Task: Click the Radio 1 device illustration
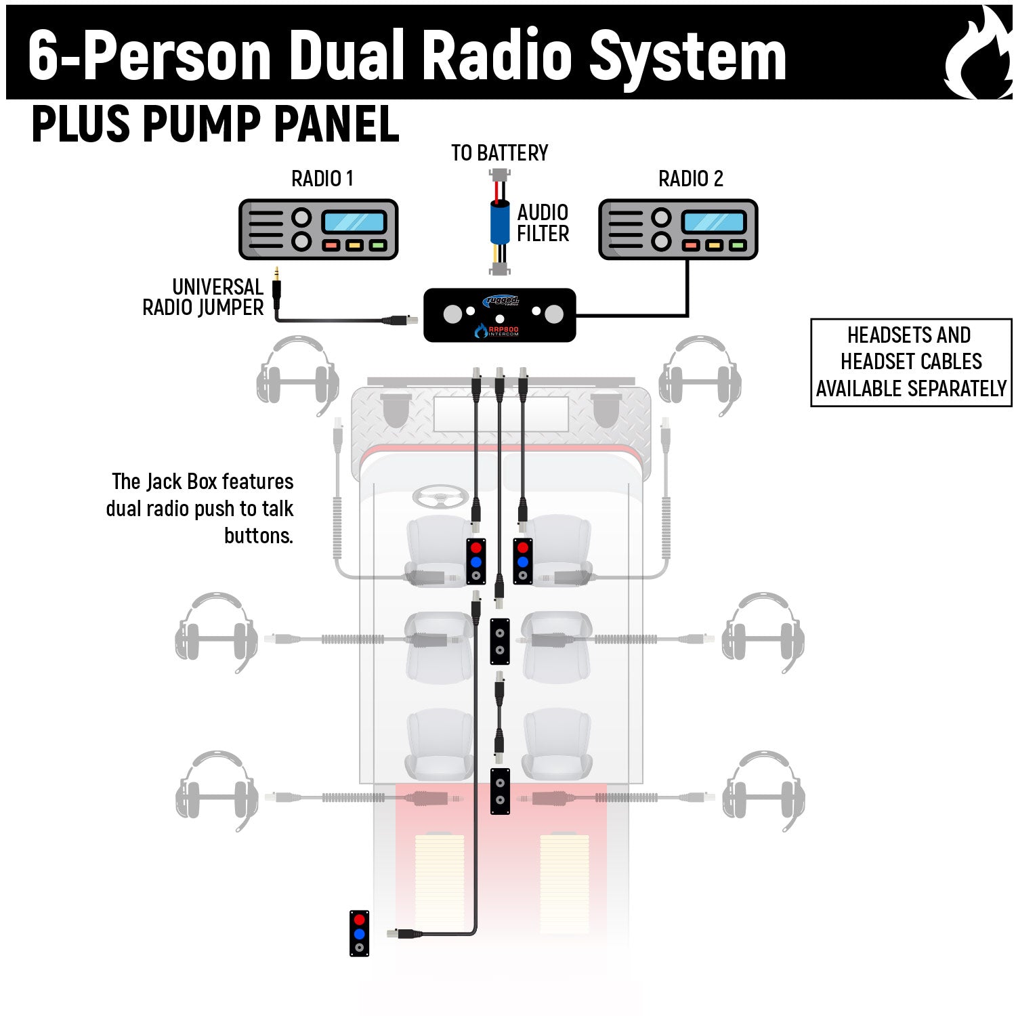click(318, 230)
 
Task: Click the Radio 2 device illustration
click(678, 230)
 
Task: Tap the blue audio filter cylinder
click(500, 222)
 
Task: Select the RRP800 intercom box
click(499, 315)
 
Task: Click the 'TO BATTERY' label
click(499, 153)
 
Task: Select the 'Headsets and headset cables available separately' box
click(911, 362)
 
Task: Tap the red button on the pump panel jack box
click(359, 920)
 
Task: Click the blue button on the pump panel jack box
click(359, 934)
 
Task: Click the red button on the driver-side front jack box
click(475, 547)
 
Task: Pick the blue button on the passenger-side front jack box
click(522, 562)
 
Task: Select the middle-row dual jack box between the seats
click(500, 641)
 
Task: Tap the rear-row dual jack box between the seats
click(500, 791)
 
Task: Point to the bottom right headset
click(764, 790)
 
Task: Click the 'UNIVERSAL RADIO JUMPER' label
click(203, 297)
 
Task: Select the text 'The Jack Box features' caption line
click(202, 482)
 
